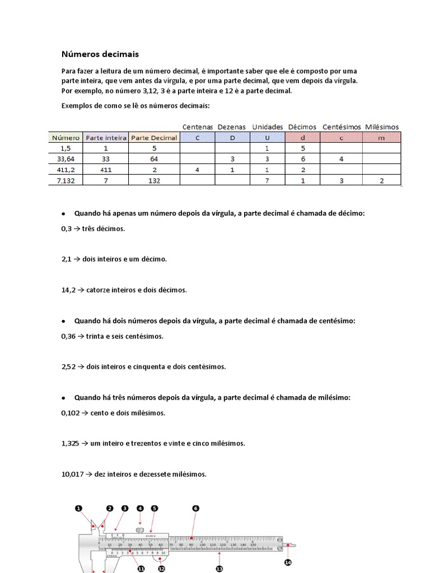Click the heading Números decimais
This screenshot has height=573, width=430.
(100, 54)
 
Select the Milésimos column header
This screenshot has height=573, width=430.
(382, 127)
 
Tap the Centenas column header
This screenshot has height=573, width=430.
(198, 127)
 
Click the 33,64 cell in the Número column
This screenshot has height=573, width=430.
(66, 159)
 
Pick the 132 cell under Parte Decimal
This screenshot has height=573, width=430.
(154, 180)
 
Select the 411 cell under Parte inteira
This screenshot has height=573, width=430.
(106, 170)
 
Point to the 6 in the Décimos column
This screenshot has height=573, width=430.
(302, 159)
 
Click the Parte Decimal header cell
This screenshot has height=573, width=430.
(154, 138)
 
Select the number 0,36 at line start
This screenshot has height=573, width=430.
(68, 336)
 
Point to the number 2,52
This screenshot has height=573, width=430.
(68, 367)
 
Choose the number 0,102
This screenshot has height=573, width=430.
(70, 412)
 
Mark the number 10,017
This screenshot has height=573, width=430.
(72, 473)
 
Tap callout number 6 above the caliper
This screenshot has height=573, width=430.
(195, 509)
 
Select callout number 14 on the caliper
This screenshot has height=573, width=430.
(288, 562)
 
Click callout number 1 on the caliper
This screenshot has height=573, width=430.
(78, 509)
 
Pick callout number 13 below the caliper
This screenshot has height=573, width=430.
(219, 569)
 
